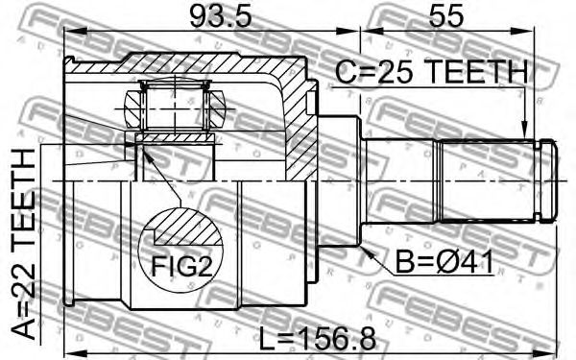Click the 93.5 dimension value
click(x=221, y=16)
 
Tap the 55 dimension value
click(x=446, y=16)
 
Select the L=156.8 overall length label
click(x=318, y=339)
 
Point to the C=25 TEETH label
click(x=432, y=71)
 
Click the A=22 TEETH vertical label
click(x=23, y=243)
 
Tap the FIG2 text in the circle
click(x=181, y=266)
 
